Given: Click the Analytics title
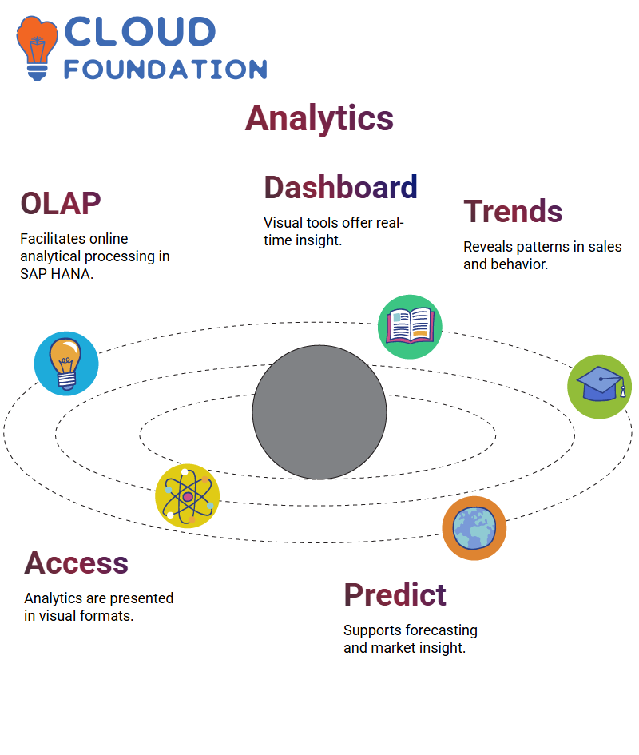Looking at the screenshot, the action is click(x=319, y=118).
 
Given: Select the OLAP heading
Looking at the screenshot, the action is click(x=61, y=203).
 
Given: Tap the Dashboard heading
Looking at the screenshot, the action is click(x=340, y=187).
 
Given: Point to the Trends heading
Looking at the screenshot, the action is click(x=513, y=211).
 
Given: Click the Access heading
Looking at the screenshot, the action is click(x=77, y=562).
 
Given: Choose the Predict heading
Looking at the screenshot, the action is click(x=395, y=594).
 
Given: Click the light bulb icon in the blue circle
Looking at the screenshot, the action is click(x=66, y=364).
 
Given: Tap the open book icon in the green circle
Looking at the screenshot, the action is click(x=410, y=327).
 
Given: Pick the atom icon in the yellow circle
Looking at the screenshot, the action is click(x=188, y=496).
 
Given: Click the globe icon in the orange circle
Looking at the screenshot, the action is click(x=474, y=528).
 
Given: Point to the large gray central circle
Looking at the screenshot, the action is click(x=319, y=412).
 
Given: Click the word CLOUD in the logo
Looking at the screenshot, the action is click(x=140, y=32).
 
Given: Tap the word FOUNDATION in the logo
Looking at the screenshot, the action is click(x=165, y=70).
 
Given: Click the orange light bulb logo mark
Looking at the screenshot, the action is click(x=37, y=48).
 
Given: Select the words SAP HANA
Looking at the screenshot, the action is click(x=57, y=274).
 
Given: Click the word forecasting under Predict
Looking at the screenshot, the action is click(x=442, y=630).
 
